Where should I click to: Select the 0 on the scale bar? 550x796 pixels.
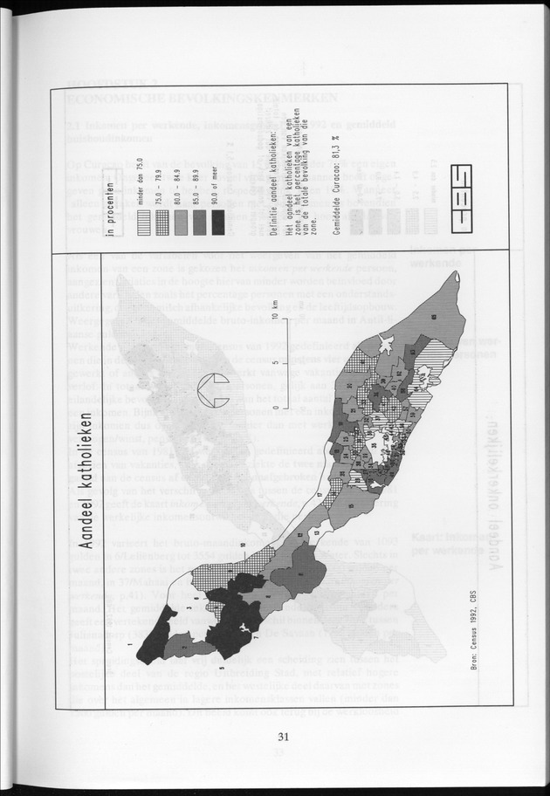(x=274, y=408)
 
